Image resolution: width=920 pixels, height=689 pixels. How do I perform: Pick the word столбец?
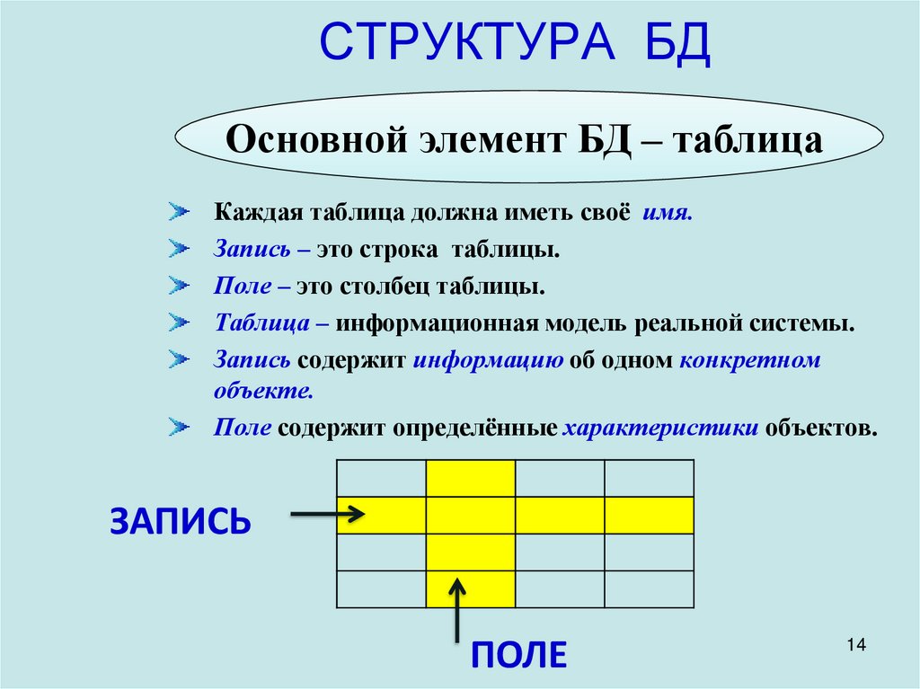[x=386, y=287]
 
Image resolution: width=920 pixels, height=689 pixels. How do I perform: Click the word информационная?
[x=437, y=323]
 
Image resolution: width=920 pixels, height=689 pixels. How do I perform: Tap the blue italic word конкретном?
[x=751, y=360]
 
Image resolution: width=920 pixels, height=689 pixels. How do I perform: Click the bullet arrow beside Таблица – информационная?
[x=179, y=322]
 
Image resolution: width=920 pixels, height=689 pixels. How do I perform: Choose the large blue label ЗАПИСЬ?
[x=180, y=521]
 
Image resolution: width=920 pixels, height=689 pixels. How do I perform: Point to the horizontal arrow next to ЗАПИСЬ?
[x=328, y=515]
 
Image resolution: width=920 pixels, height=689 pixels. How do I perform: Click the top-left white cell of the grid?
[x=381, y=478]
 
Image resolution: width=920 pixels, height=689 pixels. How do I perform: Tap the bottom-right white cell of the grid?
[x=649, y=588]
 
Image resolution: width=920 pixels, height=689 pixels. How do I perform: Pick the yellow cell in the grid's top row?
[x=470, y=478]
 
